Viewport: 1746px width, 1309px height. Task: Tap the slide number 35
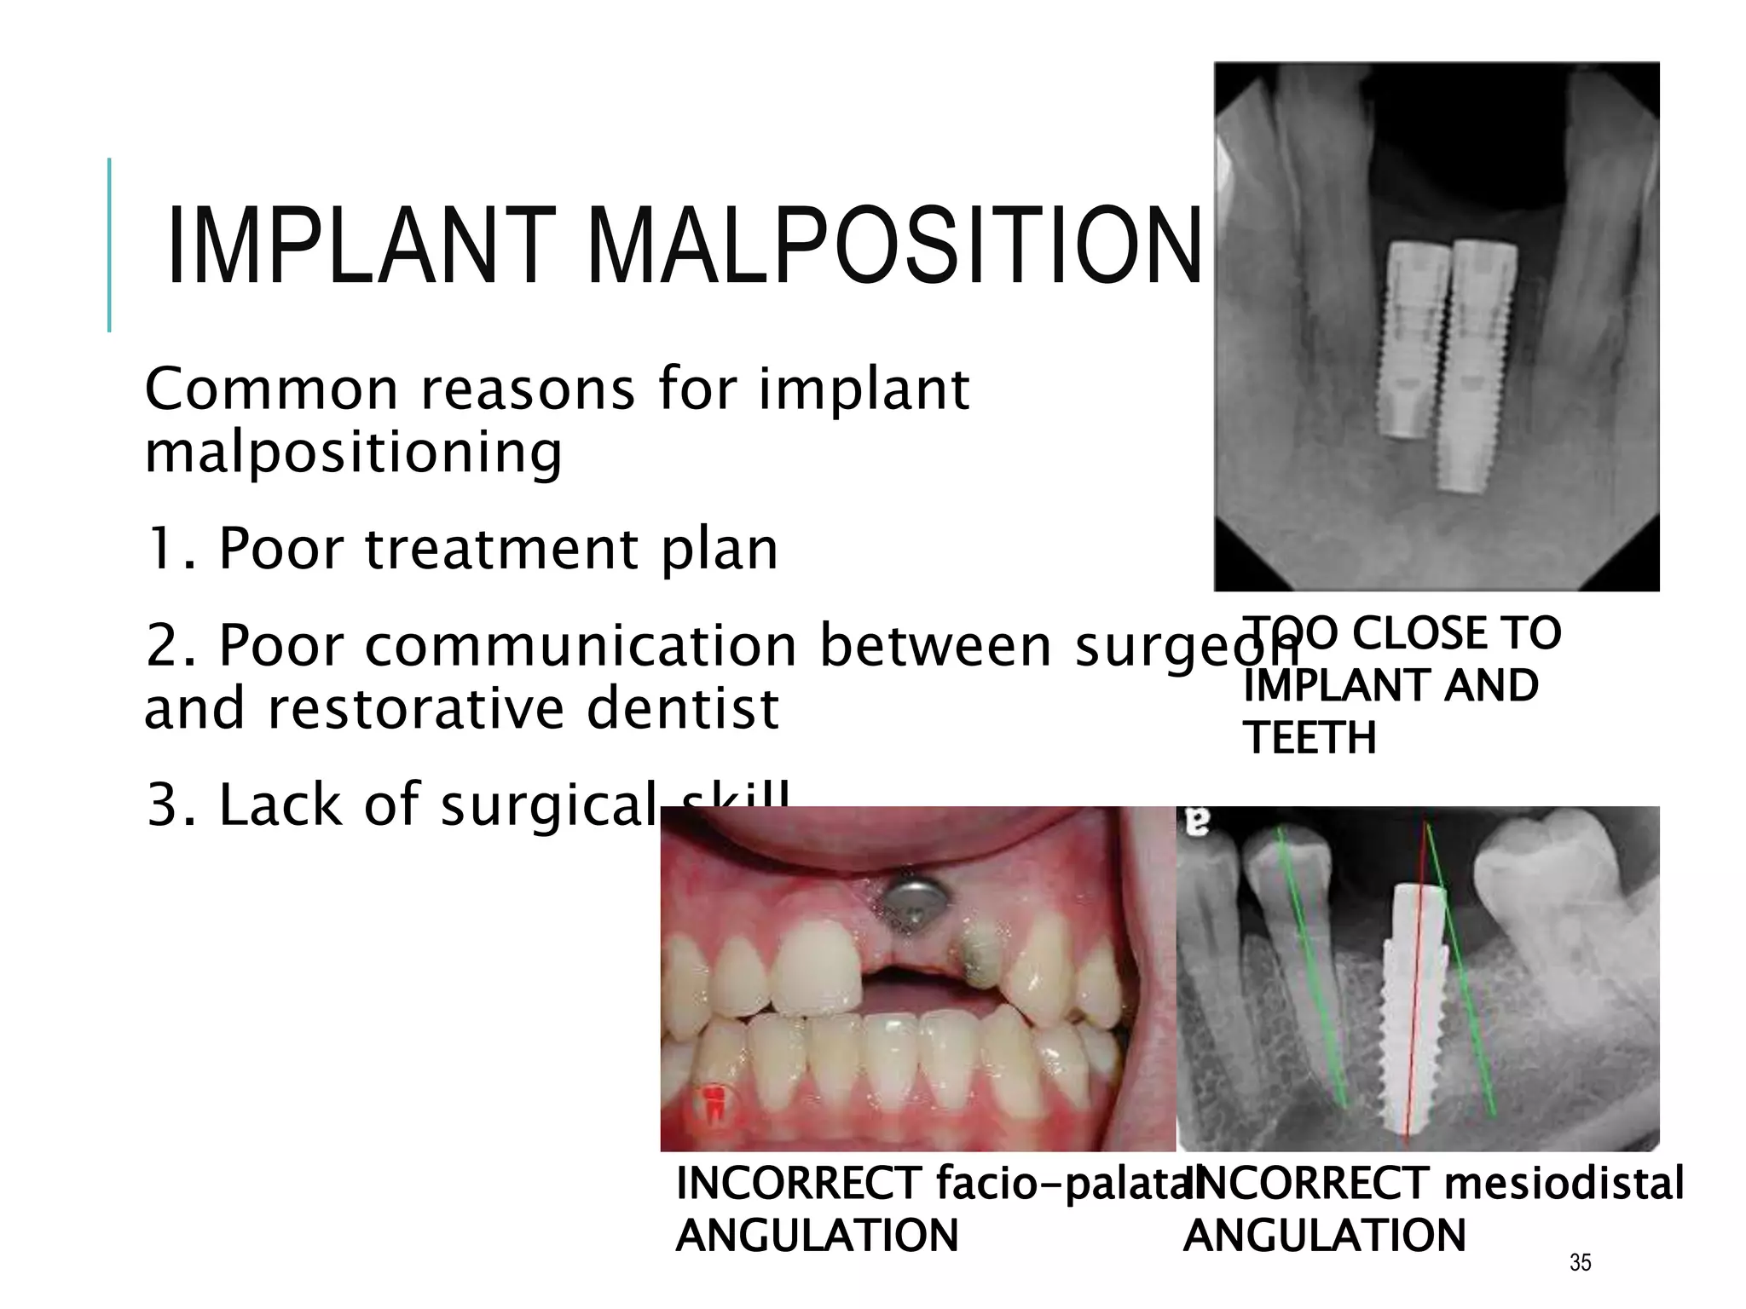tap(1580, 1262)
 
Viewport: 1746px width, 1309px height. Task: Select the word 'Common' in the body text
tap(272, 390)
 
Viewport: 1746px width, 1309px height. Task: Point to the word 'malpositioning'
tap(353, 453)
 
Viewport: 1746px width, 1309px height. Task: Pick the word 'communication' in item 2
tap(580, 646)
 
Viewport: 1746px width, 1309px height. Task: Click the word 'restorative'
tap(415, 709)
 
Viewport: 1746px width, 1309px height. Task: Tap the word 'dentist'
tap(682, 709)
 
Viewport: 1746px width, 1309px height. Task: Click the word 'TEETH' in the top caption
tap(1309, 738)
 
